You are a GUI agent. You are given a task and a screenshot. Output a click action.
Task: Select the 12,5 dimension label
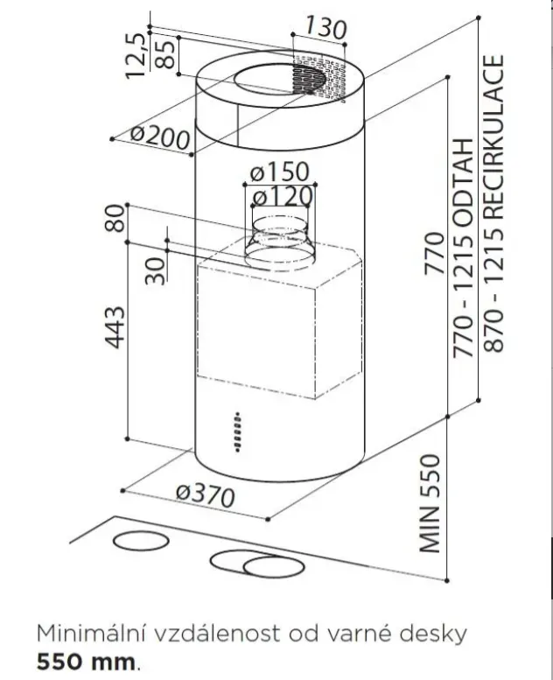[x=135, y=55]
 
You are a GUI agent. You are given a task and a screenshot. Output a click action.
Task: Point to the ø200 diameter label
[x=160, y=137]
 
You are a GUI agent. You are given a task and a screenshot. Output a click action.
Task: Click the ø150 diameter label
[x=280, y=172]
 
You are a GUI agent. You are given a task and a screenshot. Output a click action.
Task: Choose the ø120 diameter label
[x=283, y=196]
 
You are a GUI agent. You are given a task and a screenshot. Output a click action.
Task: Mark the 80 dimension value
[x=115, y=218]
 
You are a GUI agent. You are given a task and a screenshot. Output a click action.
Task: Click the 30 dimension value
[x=155, y=270]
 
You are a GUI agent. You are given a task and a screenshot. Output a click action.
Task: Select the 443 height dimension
[x=115, y=327]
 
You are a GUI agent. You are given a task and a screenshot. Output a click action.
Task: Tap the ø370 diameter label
[x=206, y=495]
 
